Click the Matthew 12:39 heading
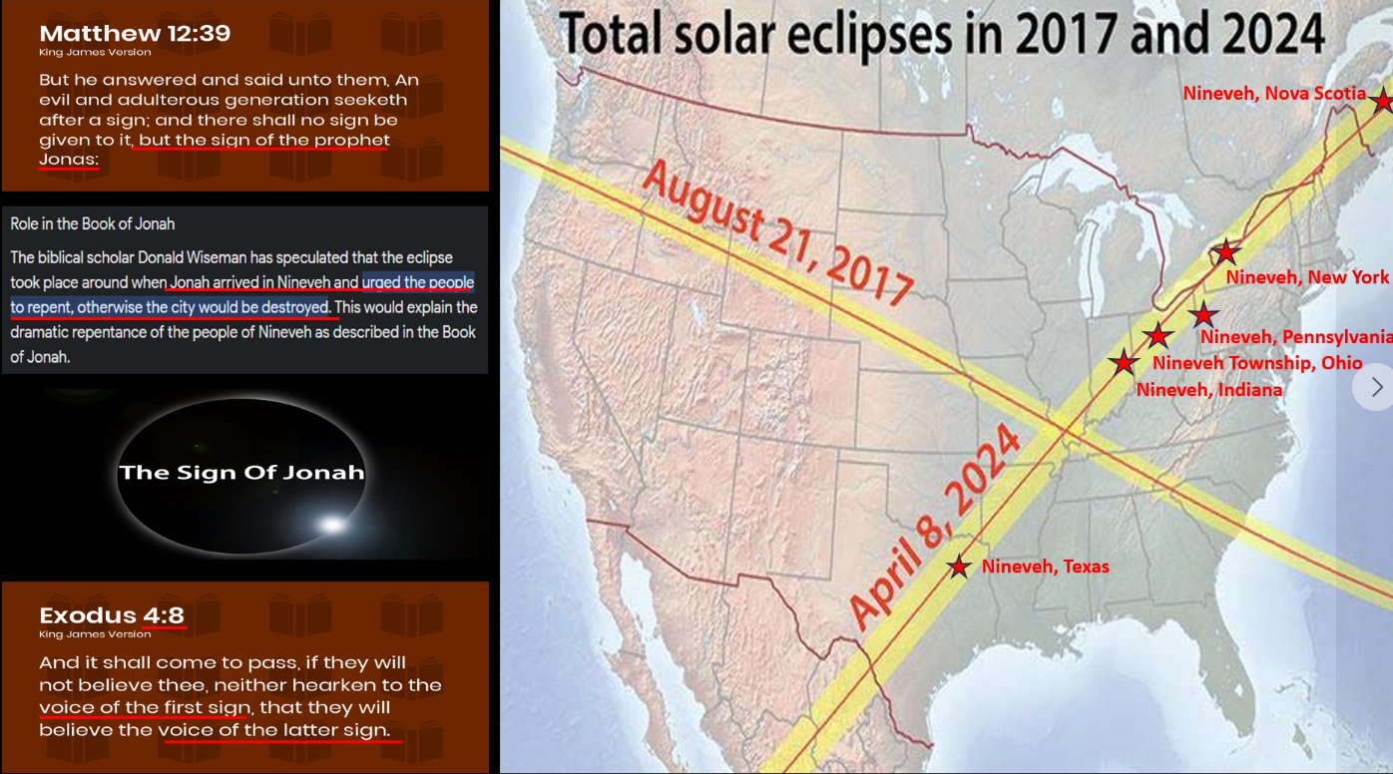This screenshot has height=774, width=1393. [x=135, y=33]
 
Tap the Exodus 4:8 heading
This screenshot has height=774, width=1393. [x=112, y=614]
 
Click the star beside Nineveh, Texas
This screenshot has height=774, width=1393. [x=958, y=567]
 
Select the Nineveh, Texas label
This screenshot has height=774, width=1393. [x=1046, y=567]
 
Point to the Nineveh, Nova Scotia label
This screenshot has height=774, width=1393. [x=1274, y=93]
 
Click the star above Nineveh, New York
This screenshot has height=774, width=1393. [x=1225, y=251]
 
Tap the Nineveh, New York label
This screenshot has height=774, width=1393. [x=1307, y=277]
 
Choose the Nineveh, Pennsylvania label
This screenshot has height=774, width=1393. [x=1296, y=337]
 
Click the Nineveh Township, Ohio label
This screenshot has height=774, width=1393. [x=1257, y=363]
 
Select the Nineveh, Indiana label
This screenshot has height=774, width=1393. [x=1209, y=390]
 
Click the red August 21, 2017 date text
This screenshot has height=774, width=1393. [x=777, y=233]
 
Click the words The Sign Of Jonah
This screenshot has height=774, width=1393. [x=241, y=473]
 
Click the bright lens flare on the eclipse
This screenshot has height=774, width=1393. [x=332, y=524]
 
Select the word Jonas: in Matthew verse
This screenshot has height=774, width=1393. [x=69, y=160]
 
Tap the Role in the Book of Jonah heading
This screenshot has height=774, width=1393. [x=93, y=223]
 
